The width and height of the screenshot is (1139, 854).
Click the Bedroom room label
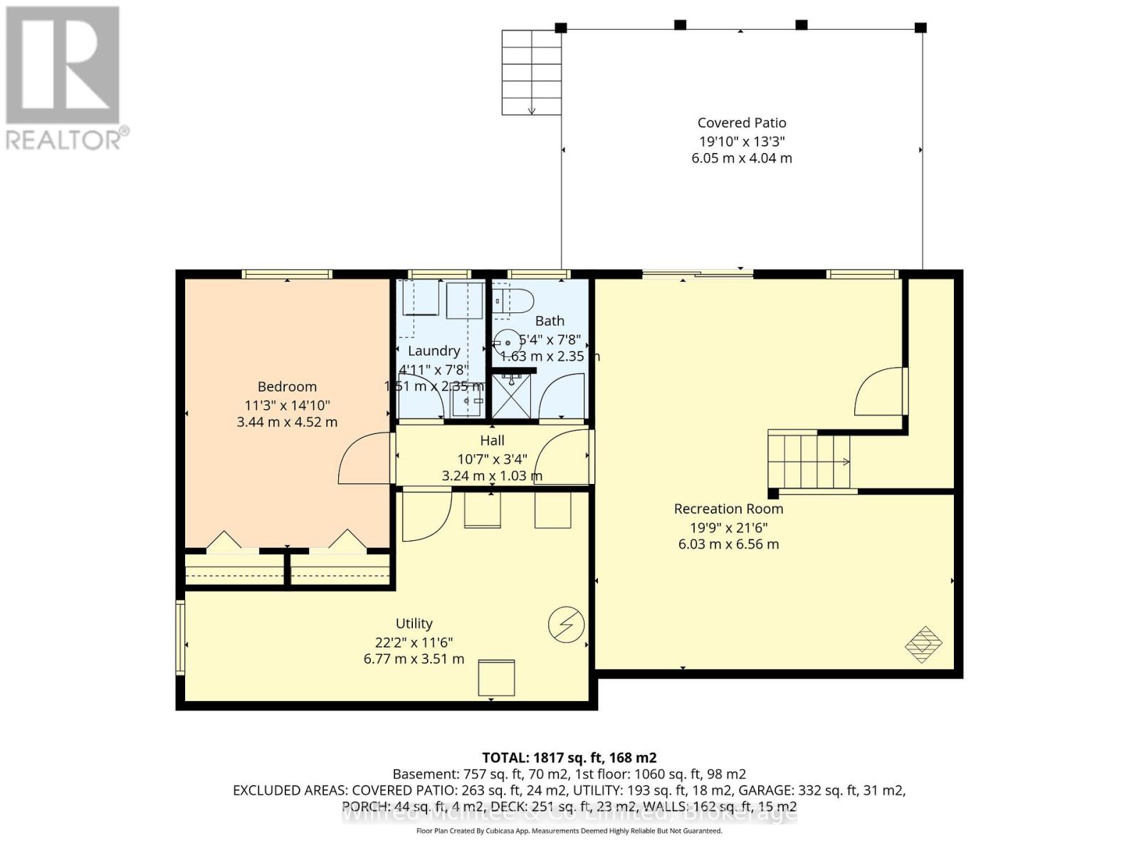pyautogui.click(x=287, y=386)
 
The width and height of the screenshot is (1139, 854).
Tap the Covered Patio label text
pyautogui.click(x=741, y=123)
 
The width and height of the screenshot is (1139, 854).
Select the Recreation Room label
pyautogui.click(x=728, y=509)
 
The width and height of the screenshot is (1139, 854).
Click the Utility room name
pyautogui.click(x=414, y=623)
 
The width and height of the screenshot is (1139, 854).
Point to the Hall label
pyautogui.click(x=492, y=441)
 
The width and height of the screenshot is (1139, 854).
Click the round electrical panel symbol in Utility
pyautogui.click(x=566, y=626)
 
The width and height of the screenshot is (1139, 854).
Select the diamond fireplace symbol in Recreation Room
pyautogui.click(x=923, y=645)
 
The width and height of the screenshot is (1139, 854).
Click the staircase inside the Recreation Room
pyautogui.click(x=809, y=461)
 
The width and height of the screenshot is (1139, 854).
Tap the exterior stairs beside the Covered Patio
pyautogui.click(x=531, y=72)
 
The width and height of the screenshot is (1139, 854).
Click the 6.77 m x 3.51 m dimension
pyautogui.click(x=414, y=659)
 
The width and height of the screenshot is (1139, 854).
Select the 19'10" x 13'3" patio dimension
pyautogui.click(x=741, y=141)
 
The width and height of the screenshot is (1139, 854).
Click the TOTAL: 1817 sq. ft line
pyautogui.click(x=569, y=758)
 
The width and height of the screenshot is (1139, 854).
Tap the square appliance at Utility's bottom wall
pyautogui.click(x=496, y=678)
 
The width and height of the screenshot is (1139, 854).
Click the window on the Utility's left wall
pyautogui.click(x=180, y=637)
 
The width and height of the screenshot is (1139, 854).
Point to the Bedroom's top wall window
pyautogui.click(x=286, y=274)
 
